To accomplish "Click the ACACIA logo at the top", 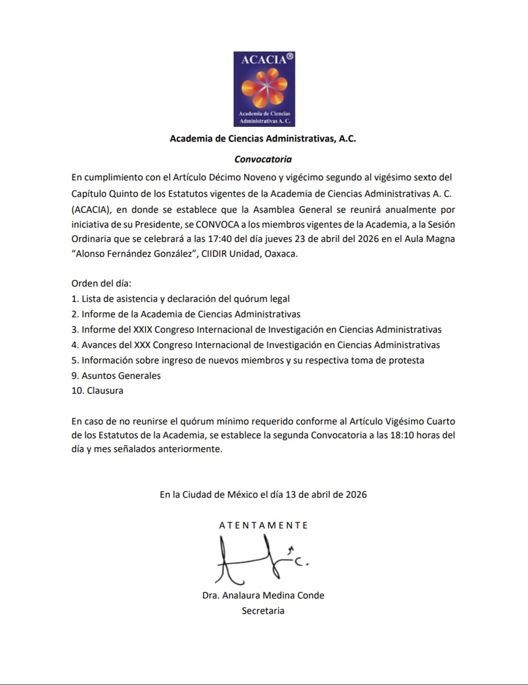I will pos(264,89).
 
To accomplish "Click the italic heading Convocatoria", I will pos(263,159).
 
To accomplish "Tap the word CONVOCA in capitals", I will pos(217,224).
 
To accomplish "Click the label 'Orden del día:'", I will pos(101,283).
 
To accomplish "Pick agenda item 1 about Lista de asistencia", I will pos(181,299).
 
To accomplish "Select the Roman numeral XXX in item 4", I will pos(142,345).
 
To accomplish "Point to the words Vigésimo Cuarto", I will pos(402,421).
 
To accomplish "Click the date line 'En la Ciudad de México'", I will pos(263,495).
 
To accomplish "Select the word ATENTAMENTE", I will pos(263,525).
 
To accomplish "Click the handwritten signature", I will pos(260,559).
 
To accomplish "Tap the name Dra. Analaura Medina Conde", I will pos(263,595).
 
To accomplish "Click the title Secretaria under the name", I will pos(263,611).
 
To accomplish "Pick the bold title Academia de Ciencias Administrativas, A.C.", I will pos(263,138).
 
